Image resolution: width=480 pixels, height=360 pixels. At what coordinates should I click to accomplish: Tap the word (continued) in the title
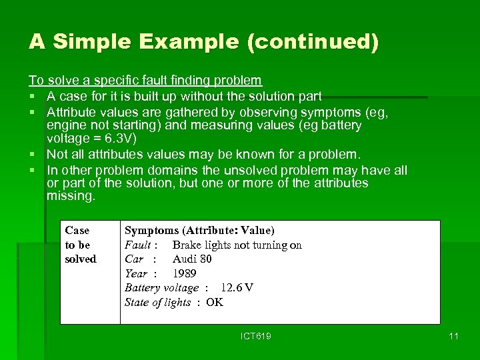tap(313, 42)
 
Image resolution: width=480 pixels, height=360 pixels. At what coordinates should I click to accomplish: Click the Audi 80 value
tap(192, 259)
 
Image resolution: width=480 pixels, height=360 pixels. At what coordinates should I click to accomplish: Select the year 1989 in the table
tap(185, 273)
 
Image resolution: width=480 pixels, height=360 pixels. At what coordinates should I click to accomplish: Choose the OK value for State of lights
tap(215, 302)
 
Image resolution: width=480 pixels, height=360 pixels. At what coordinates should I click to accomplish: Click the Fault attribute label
tap(137, 245)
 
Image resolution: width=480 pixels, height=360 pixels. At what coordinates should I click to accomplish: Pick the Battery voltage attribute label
tap(162, 287)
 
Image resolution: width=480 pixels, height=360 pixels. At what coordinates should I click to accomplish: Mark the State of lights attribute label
tap(158, 302)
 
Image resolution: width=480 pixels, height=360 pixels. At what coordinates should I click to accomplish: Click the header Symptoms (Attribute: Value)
tap(199, 230)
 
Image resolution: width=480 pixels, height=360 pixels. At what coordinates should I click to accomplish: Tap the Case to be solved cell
tap(80, 244)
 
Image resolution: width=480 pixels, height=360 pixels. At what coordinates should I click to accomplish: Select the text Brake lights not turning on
tap(237, 245)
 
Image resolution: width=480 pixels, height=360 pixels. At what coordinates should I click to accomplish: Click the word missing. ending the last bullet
tap(71, 196)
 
